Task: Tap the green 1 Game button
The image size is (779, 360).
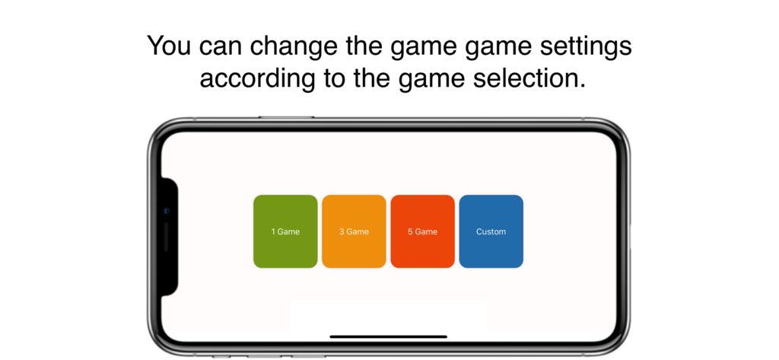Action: point(285,231)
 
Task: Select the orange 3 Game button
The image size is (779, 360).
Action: point(354,231)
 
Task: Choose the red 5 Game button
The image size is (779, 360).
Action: point(422,231)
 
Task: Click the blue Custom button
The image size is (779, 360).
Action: point(491,231)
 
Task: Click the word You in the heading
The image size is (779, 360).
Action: point(170,46)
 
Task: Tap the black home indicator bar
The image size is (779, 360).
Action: point(388,336)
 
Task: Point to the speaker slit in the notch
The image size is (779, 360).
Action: point(167,237)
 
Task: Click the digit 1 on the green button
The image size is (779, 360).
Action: point(273,231)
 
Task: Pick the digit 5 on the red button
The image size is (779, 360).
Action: point(410,231)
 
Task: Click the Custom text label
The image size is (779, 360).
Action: point(491,231)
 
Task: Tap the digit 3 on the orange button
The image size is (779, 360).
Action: point(342,231)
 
